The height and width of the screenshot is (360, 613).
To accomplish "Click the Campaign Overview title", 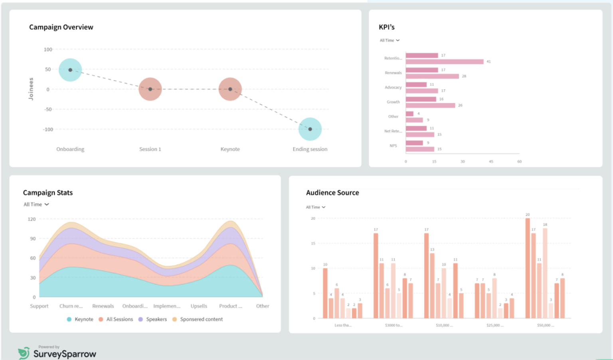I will [x=61, y=27].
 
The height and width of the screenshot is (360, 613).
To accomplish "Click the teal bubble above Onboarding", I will [x=70, y=70].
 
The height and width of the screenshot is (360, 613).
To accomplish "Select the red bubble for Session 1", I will [x=150, y=89].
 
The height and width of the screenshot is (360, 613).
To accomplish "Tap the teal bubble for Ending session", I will [x=310, y=129].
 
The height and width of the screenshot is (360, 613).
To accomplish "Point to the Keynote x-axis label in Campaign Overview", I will [x=230, y=149].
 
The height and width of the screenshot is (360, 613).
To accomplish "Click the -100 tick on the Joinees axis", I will [x=48, y=129].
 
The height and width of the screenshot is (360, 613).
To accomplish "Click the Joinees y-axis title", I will [x=31, y=89].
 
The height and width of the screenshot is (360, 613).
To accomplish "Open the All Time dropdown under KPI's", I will [x=390, y=40].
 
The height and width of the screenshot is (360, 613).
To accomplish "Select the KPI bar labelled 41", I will [x=444, y=61].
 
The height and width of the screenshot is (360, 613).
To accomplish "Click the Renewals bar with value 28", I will [x=432, y=76].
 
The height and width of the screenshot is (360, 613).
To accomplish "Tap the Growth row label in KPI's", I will [x=393, y=102].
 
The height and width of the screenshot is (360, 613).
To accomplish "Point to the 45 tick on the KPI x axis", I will [x=491, y=162].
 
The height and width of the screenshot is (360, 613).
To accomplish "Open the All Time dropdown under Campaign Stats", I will [x=36, y=204].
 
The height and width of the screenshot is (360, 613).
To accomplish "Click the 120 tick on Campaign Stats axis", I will [x=32, y=219].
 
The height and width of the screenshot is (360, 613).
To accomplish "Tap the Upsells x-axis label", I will [x=199, y=306].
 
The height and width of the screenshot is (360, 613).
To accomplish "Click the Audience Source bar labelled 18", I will [x=545, y=273].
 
